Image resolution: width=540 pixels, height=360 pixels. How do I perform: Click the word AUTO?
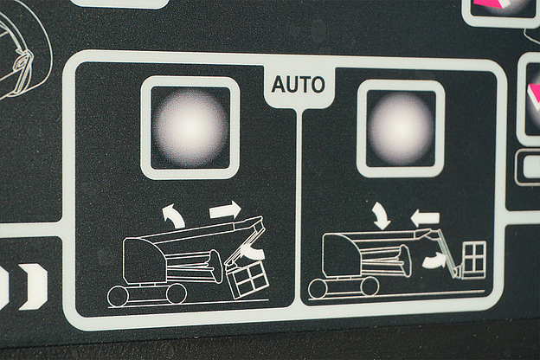point(299,85)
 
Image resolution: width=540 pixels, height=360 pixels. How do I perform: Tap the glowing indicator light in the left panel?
point(190,127)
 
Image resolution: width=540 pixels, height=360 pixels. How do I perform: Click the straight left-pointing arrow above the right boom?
point(425,218)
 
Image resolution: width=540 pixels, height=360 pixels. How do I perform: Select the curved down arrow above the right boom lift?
point(382,215)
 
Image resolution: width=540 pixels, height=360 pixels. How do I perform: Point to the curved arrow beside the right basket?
point(434,260)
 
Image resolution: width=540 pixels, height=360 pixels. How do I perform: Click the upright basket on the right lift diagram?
point(473,260)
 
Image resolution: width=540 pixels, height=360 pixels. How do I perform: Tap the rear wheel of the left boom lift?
point(117,296)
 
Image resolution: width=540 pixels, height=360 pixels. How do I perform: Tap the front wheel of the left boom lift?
point(177,294)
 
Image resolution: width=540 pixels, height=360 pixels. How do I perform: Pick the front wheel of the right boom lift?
point(370,286)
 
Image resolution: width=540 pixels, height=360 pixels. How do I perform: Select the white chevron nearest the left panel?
point(34,286)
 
